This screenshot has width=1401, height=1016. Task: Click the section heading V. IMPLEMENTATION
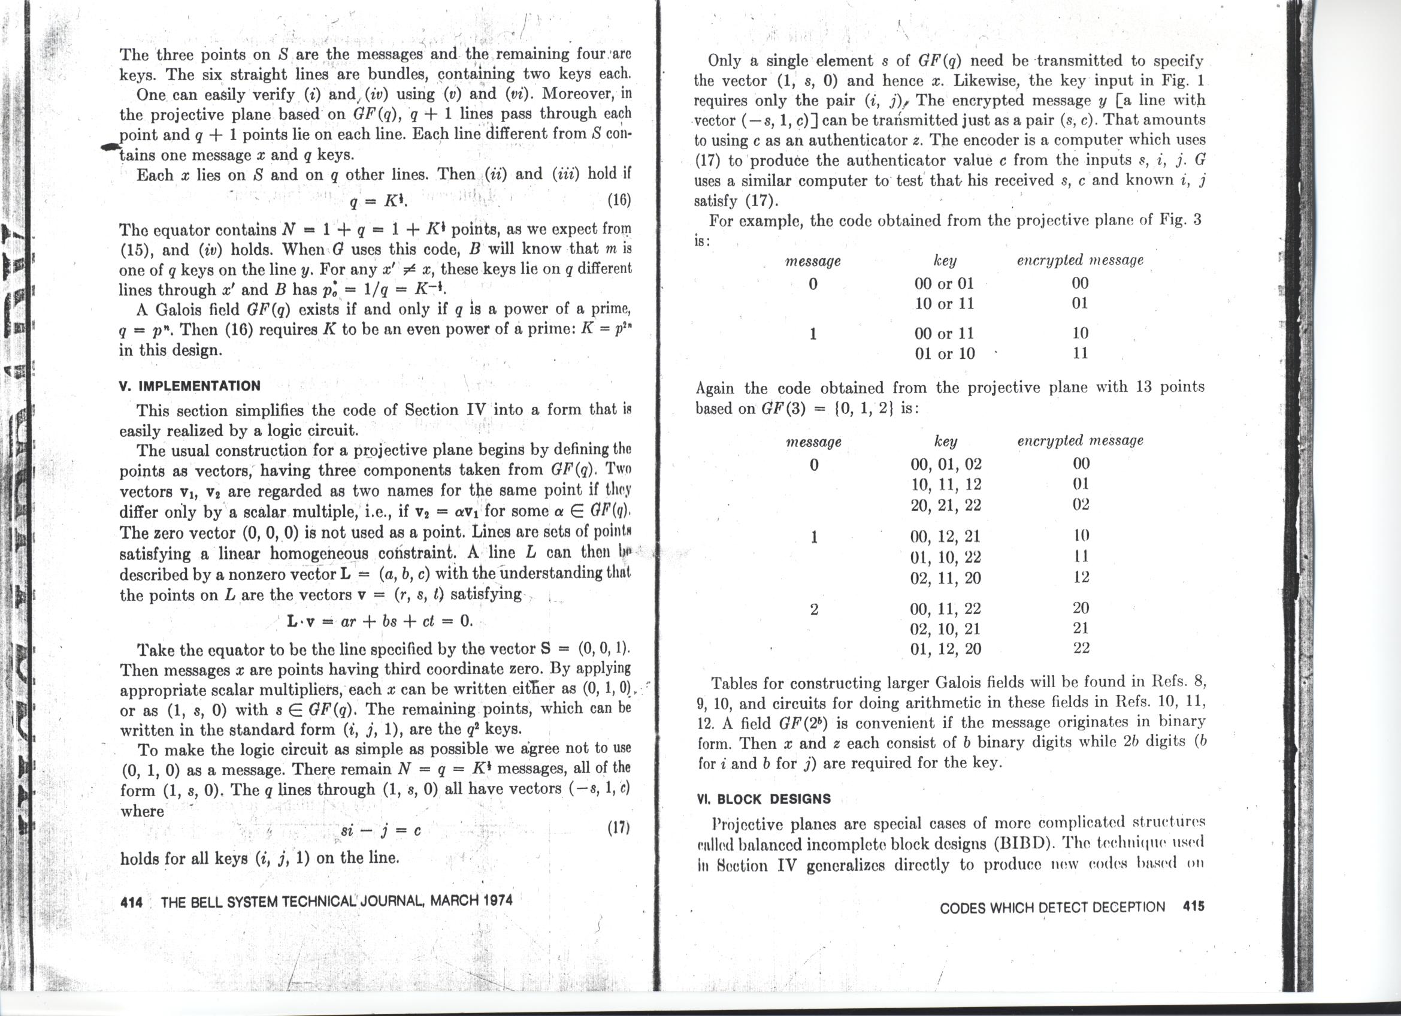point(190,386)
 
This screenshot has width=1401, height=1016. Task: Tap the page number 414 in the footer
point(131,902)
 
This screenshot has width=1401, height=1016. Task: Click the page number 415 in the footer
point(1193,907)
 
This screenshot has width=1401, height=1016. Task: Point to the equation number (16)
point(619,200)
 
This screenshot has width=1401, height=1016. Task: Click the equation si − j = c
point(380,831)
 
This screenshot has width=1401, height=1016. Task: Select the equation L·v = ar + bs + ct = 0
point(380,621)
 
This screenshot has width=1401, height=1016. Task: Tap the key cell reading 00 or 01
point(944,283)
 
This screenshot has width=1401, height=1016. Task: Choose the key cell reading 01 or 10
point(944,354)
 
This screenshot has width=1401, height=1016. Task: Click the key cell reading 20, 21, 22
point(946,505)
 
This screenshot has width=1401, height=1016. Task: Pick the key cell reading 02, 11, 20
point(946,578)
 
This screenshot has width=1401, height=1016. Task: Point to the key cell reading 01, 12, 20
point(946,649)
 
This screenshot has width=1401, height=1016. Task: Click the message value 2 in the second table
point(813,610)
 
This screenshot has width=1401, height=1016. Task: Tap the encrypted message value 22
point(1081,648)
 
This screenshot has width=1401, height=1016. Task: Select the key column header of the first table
point(945,261)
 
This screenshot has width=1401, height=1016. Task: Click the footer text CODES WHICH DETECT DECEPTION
point(1052,908)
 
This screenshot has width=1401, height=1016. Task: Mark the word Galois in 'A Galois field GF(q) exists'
point(181,310)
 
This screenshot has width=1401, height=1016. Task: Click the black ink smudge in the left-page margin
point(110,146)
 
